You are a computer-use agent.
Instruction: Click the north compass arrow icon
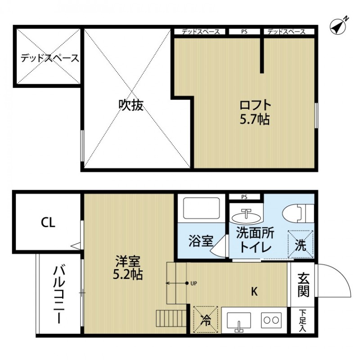tap(338, 26)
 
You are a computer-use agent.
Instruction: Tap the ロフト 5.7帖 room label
tap(255, 112)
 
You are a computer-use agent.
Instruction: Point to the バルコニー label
tap(58, 295)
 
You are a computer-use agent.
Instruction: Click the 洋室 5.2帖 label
tap(128, 268)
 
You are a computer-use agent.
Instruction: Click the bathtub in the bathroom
tap(202, 208)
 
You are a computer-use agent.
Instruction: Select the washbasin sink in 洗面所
tap(246, 216)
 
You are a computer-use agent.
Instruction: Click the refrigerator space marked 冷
tap(205, 320)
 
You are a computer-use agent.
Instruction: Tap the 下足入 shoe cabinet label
tap(302, 320)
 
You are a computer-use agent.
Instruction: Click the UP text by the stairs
tap(194, 283)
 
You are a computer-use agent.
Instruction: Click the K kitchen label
tap(254, 292)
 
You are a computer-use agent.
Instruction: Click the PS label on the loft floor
tap(244, 32)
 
